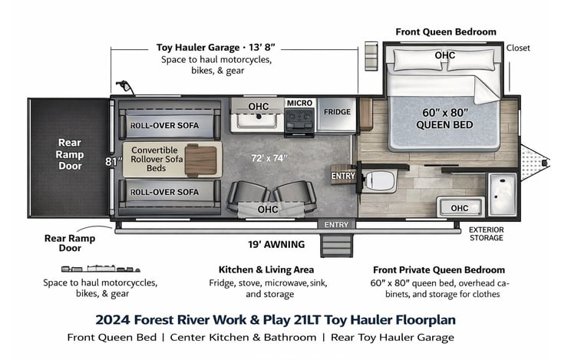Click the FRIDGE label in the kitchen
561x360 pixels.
pyautogui.click(x=337, y=112)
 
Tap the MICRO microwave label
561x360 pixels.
pyautogui.click(x=299, y=103)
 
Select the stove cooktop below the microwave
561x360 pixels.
pyautogui.click(x=299, y=122)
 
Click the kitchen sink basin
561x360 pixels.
pyautogui.click(x=256, y=121)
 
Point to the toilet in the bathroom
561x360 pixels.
pyautogui.click(x=379, y=180)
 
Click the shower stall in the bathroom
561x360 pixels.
pyautogui.click(x=503, y=194)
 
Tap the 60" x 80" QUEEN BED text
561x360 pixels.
pyautogui.click(x=444, y=118)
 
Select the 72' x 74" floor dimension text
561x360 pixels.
pyautogui.click(x=269, y=158)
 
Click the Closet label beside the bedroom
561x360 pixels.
pyautogui.click(x=518, y=48)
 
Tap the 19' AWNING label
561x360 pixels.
pyautogui.click(x=276, y=244)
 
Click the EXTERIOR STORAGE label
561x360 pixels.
pyautogui.click(x=487, y=233)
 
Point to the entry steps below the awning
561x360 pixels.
pyautogui.click(x=336, y=245)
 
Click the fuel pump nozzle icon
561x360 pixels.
pyautogui.click(x=124, y=87)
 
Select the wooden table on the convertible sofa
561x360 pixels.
pyautogui.click(x=200, y=160)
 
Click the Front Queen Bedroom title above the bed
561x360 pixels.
pyautogui.click(x=446, y=31)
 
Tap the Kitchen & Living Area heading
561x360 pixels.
pyautogui.click(x=266, y=270)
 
